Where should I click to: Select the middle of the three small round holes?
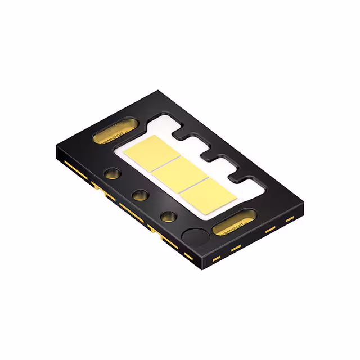point(139,195)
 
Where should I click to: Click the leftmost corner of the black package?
point(56,147)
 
